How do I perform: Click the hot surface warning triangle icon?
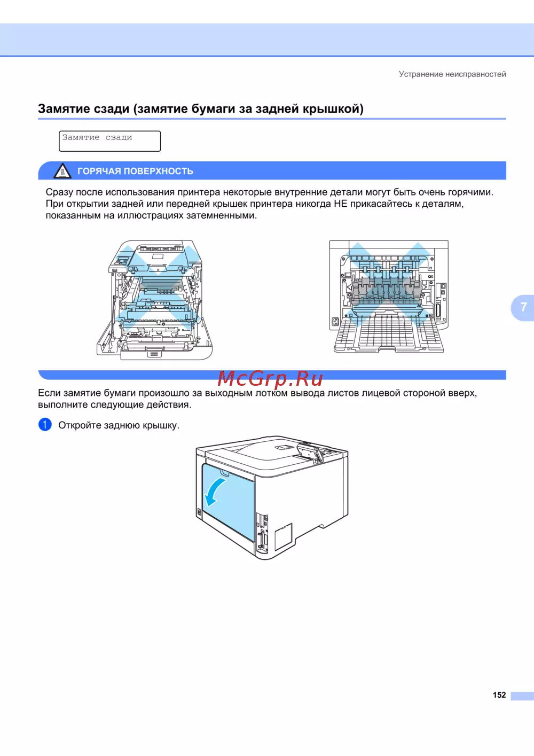tap(62, 171)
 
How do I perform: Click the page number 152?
tap(499, 695)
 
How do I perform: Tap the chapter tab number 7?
tap(523, 307)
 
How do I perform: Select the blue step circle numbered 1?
tap(45, 425)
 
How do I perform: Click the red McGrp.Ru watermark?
tap(270, 378)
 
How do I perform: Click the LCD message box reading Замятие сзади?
tap(109, 141)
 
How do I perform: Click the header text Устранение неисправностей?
tap(452, 74)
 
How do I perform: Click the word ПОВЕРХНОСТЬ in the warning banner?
tap(159, 171)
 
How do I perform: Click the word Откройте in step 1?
tap(80, 425)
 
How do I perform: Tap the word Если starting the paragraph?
tap(49, 393)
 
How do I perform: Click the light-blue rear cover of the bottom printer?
tap(228, 502)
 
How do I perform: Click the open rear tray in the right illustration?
tap(389, 334)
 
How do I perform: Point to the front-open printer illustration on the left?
tap(154, 300)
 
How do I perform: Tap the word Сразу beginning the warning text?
tap(59, 192)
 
